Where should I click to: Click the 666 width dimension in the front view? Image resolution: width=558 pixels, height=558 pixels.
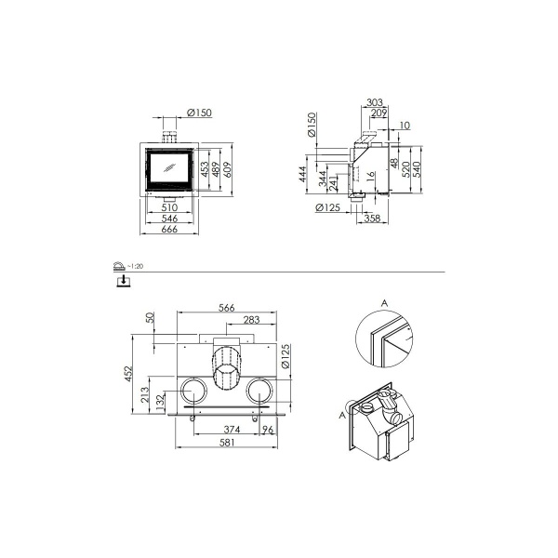pyautogui.click(x=169, y=230)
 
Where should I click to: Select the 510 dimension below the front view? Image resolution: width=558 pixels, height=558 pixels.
pyautogui.click(x=169, y=207)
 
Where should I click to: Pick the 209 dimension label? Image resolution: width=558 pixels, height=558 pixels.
pyautogui.click(x=379, y=113)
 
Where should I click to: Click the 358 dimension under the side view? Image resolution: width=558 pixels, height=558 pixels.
pyautogui.click(x=373, y=219)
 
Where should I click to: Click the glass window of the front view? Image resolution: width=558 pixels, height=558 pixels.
pyautogui.click(x=169, y=168)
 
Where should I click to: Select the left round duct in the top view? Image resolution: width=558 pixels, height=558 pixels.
pyautogui.click(x=193, y=391)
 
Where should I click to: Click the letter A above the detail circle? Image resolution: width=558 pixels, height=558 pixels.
pyautogui.click(x=385, y=302)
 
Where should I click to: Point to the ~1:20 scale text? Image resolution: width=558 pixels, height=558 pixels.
pyautogui.click(x=136, y=266)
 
